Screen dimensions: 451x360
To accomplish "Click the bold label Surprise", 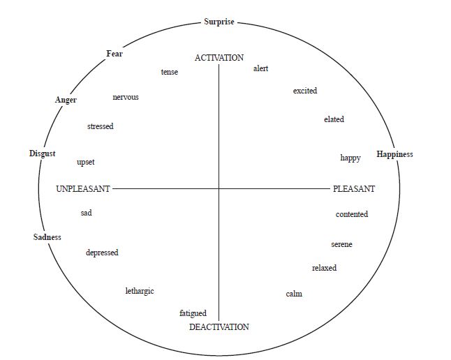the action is click(219, 22).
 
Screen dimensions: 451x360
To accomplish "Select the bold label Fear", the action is click(114, 54).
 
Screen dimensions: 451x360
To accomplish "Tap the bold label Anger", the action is click(66, 100).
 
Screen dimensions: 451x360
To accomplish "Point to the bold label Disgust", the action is click(42, 153).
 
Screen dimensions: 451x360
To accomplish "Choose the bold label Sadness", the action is click(47, 237).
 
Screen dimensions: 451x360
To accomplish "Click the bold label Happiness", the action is click(394, 154).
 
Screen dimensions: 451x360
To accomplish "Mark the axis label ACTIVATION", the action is click(219, 58).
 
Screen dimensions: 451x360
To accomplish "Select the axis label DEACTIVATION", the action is click(219, 327).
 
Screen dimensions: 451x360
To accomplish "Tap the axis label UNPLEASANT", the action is click(84, 189).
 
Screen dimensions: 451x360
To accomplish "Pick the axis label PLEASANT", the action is click(354, 189).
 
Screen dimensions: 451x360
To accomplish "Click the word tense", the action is click(170, 73).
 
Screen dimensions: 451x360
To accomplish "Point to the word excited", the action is click(305, 91).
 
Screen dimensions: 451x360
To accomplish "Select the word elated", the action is click(334, 120).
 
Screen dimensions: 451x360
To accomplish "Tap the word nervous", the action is click(126, 97).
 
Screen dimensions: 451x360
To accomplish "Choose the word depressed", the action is click(102, 253).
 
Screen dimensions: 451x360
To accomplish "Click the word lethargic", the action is click(140, 291).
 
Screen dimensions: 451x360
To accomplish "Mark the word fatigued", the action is click(193, 314).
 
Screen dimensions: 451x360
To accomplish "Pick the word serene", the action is click(341, 245).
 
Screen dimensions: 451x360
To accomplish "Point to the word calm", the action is click(294, 294).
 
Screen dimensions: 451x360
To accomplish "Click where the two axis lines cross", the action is click(219, 188).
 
